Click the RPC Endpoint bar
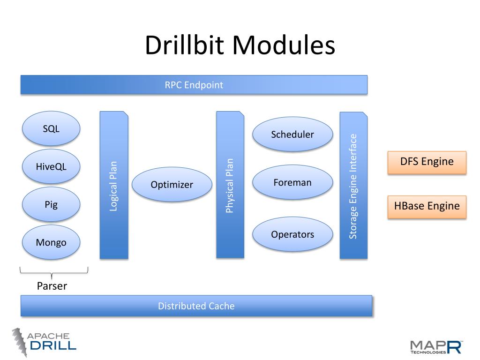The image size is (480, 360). [x=194, y=85]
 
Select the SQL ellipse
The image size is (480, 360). [x=51, y=128]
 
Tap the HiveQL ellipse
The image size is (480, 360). [x=51, y=166]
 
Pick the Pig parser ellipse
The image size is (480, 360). [x=51, y=204]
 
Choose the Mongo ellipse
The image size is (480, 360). [x=51, y=242]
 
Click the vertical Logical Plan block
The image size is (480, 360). [x=113, y=185]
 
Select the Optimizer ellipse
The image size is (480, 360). [x=172, y=185]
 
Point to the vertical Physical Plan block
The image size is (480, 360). [x=230, y=185]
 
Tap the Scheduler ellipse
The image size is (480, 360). [x=292, y=135]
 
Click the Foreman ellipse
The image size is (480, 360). [x=292, y=182]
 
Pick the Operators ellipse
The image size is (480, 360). [x=292, y=234]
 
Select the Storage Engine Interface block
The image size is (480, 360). [x=353, y=186]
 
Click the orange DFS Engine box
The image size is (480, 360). [x=427, y=162]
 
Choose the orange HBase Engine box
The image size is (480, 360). [x=427, y=206]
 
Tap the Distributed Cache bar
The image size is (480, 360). [x=196, y=306]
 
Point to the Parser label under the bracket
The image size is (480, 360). [x=52, y=286]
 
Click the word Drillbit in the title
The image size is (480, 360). [x=186, y=46]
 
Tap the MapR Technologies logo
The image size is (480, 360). [x=436, y=346]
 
